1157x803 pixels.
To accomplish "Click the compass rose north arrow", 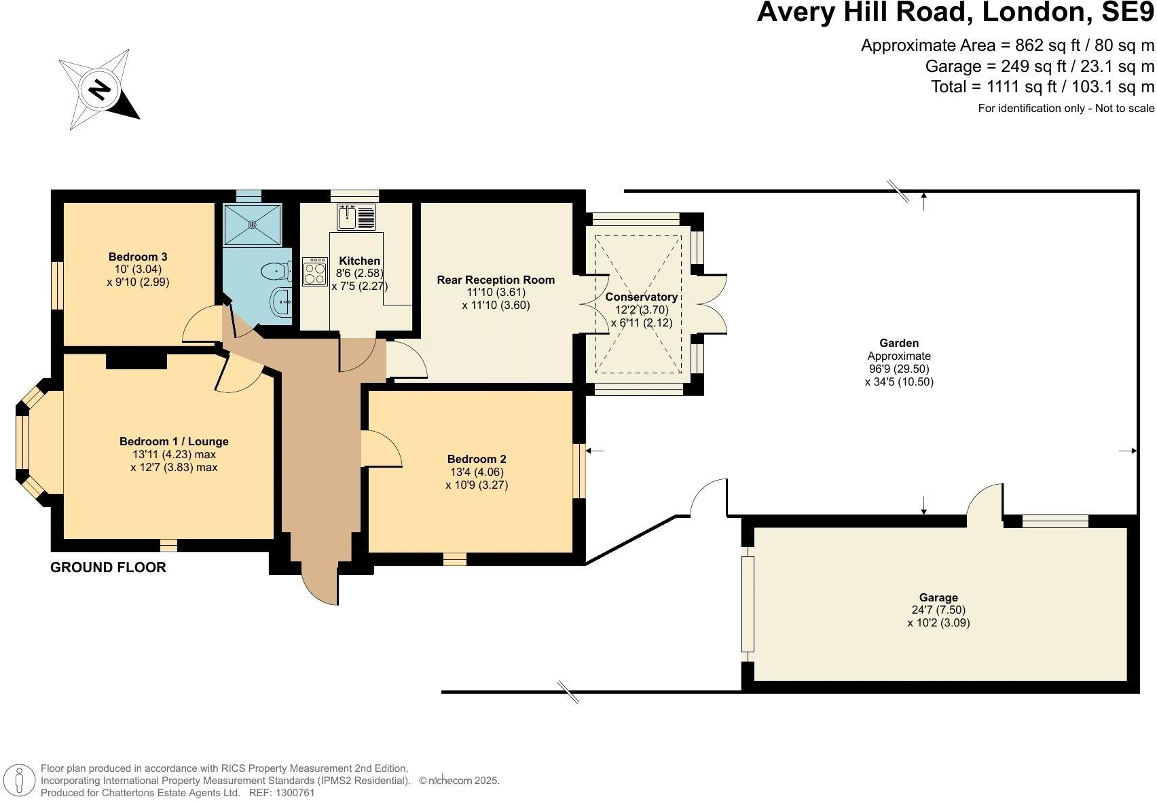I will [100, 90].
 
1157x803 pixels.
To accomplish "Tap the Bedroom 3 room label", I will [138, 257].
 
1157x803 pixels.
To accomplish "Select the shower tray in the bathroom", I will [252, 223].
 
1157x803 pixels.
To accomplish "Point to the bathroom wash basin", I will [282, 302].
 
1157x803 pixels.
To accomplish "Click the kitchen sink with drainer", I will [356, 217].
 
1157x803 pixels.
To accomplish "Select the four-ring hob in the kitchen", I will [314, 272].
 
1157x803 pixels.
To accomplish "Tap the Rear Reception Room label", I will [496, 280].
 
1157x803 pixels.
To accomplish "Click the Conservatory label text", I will [641, 297].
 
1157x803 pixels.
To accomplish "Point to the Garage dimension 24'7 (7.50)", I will [938, 610].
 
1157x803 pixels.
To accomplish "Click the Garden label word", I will [899, 343].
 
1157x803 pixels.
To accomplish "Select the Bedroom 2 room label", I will [477, 459].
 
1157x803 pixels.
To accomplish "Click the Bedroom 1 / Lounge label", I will [174, 441].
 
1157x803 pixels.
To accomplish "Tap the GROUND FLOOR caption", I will [108, 567].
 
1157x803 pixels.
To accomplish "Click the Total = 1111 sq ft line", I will [1042, 87].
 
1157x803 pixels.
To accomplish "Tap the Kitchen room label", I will [360, 261].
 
